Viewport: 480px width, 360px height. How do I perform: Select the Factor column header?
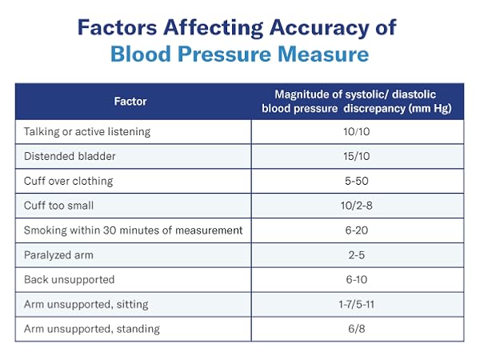click(x=133, y=102)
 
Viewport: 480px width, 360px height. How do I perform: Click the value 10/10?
click(x=357, y=131)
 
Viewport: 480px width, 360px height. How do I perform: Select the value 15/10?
click(x=357, y=156)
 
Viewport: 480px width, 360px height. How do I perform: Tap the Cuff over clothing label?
click(x=69, y=181)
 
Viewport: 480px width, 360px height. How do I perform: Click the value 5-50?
click(x=357, y=181)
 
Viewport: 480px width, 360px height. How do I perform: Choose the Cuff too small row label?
click(x=59, y=206)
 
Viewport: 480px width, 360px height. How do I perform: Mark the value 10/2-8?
click(x=357, y=206)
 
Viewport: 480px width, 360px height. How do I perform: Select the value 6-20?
click(x=357, y=230)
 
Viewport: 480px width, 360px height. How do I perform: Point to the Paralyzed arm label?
click(x=58, y=255)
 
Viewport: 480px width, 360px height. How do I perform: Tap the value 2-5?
click(x=357, y=255)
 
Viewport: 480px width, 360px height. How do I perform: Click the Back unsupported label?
click(x=69, y=279)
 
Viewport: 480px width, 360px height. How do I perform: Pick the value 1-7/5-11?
click(x=357, y=304)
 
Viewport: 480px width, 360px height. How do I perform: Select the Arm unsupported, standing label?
click(x=92, y=329)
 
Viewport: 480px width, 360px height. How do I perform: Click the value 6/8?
click(x=357, y=329)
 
